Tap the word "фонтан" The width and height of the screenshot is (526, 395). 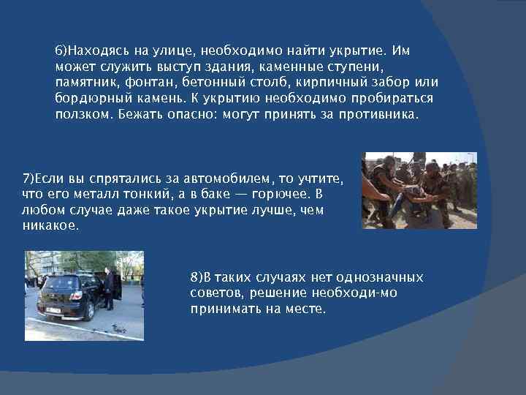point(147,83)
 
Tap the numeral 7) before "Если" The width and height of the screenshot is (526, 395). point(28,179)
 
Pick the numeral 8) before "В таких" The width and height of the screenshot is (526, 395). point(195,278)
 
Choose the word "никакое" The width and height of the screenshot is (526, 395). point(49,226)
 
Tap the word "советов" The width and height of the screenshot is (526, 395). point(214,293)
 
